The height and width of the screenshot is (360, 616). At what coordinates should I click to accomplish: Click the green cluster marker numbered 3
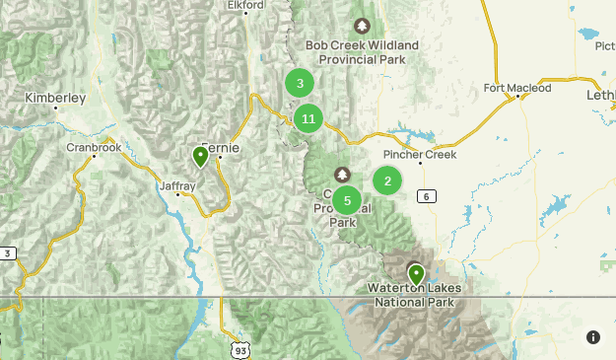click(300, 84)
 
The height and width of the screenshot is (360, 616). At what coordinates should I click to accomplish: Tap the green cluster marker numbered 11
click(308, 119)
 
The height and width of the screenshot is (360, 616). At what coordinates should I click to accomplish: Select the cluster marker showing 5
click(347, 200)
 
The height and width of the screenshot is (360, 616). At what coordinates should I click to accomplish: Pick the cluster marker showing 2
click(387, 180)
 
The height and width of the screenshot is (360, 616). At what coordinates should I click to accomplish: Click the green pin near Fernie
click(200, 156)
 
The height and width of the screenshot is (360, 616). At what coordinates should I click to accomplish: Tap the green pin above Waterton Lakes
click(417, 272)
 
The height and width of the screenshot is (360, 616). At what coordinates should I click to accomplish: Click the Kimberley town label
click(56, 99)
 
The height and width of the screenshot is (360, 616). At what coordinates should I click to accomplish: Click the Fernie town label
click(220, 147)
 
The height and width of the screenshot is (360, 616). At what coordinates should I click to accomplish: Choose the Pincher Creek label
click(418, 155)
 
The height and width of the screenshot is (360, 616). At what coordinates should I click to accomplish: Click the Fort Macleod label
click(517, 88)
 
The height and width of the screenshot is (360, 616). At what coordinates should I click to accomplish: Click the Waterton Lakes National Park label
click(415, 295)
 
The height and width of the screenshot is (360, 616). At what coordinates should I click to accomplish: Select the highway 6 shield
click(426, 196)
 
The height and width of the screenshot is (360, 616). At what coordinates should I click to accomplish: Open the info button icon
click(592, 337)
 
